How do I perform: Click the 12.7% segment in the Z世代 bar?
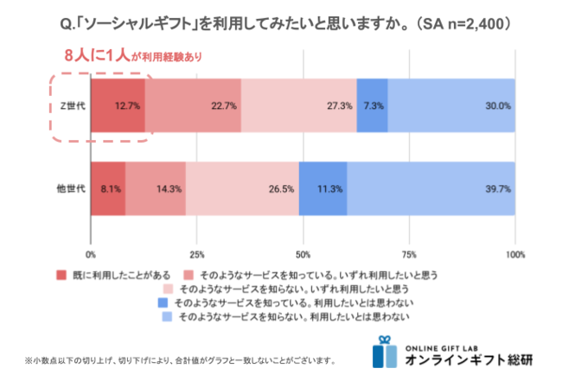click(x=118, y=105)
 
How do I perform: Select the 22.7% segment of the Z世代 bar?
click(x=193, y=105)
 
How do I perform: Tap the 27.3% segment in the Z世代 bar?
click(x=299, y=105)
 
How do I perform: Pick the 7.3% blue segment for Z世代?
click(x=372, y=105)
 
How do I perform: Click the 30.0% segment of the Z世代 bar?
click(x=451, y=105)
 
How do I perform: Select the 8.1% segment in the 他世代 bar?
click(x=108, y=188)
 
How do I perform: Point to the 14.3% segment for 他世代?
click(x=156, y=188)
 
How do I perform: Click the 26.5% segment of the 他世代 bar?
click(x=242, y=188)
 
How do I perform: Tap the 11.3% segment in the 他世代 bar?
click(x=323, y=188)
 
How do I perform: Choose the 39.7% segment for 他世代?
click(x=431, y=188)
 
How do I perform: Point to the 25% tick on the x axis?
click(x=197, y=255)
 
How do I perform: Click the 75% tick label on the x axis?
click(x=410, y=255)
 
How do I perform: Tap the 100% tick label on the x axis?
click(x=515, y=255)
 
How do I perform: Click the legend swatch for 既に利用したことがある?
click(x=61, y=275)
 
